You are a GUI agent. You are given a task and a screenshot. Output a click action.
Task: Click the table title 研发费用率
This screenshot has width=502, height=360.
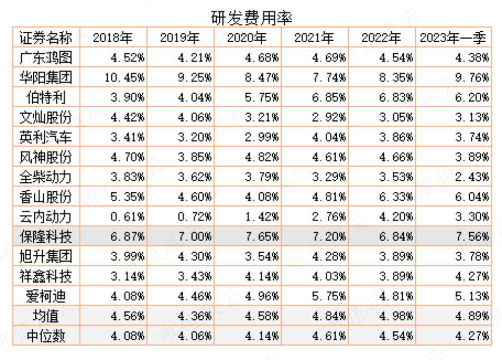(x=252, y=17)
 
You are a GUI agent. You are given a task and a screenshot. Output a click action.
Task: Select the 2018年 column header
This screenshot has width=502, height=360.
(x=113, y=38)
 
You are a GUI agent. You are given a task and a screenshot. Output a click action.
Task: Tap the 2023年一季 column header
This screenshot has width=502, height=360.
(x=453, y=38)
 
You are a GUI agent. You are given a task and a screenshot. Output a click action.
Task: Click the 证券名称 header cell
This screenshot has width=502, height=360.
(x=45, y=38)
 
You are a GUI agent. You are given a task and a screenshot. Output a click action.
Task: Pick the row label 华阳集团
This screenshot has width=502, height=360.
(x=45, y=78)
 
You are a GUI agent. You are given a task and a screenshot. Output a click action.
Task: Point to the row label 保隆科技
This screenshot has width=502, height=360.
(x=45, y=236)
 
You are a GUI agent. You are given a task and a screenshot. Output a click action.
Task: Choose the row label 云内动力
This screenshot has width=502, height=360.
(x=45, y=217)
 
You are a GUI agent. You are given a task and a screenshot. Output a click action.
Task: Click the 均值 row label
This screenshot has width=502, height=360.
(x=45, y=316)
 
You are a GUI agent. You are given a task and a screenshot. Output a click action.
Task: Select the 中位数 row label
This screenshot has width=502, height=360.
(x=45, y=336)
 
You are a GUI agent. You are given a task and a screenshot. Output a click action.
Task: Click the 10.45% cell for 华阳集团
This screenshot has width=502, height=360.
(x=125, y=78)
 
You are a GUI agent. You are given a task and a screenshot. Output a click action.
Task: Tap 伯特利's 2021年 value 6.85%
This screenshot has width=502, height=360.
(x=329, y=97)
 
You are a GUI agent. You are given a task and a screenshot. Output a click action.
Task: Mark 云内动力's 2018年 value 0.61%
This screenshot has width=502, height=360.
(x=127, y=217)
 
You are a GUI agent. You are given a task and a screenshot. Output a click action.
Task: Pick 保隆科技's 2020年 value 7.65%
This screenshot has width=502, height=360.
(x=262, y=236)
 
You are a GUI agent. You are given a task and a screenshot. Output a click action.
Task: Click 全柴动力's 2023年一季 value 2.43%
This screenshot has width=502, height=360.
(x=472, y=177)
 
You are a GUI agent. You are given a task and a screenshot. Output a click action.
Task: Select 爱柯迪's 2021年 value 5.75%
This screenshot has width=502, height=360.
(x=329, y=296)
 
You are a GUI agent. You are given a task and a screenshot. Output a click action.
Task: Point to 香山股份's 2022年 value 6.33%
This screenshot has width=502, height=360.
(x=396, y=197)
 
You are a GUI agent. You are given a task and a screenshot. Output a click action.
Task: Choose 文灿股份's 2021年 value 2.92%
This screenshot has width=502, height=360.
(x=329, y=117)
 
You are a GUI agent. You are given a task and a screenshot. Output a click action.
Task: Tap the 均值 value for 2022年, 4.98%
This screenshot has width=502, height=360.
(x=396, y=316)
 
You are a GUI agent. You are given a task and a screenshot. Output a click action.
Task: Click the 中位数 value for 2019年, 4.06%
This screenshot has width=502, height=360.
(x=194, y=336)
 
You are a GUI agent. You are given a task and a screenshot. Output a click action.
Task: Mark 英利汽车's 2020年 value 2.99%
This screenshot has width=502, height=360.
(x=262, y=137)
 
